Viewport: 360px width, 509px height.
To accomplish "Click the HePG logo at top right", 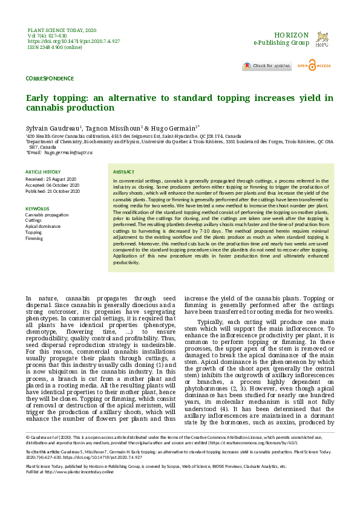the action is click(x=322, y=39).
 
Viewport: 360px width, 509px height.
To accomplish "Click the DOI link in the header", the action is click(x=74, y=41).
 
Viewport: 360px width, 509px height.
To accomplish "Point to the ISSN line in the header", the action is click(x=55, y=47).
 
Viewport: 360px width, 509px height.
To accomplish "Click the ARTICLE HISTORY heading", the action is click(x=43, y=172).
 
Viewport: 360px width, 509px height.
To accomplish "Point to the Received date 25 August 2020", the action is click(x=51, y=180).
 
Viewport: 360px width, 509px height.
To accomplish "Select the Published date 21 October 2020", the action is click(x=53, y=192).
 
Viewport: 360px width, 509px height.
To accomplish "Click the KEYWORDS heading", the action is click(x=37, y=208).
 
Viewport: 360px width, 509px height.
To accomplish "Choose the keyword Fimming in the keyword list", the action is click(x=34, y=238).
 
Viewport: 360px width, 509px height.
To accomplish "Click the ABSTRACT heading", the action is click(x=124, y=172).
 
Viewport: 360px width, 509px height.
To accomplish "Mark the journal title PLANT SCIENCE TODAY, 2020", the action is click(x=62, y=30).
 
